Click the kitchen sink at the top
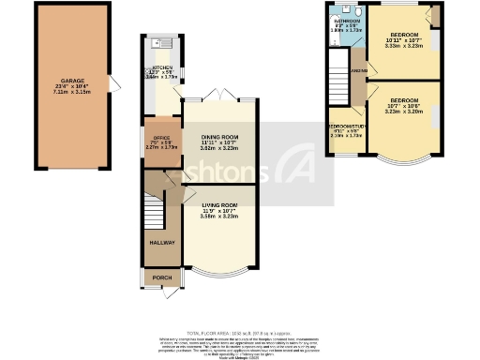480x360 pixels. coord(161,43)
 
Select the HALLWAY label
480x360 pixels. coord(161,242)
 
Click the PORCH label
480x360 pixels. coord(161,277)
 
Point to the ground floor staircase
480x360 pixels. coord(156,211)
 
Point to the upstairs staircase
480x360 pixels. coord(337,80)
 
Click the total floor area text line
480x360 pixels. coord(239,333)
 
